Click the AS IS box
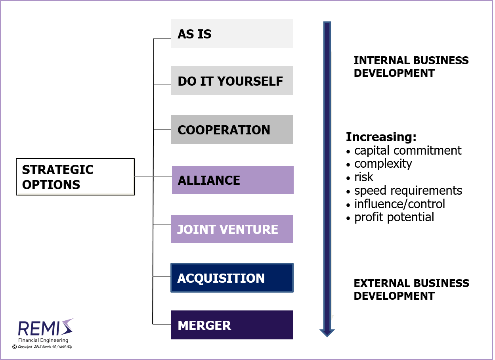coord(232,34)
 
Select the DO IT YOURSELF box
coord(232,81)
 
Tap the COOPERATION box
coord(232,130)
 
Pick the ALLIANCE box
coord(233,180)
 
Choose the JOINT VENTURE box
coord(232,229)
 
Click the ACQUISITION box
coord(232,278)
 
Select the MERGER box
coord(232,325)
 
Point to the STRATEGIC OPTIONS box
coord(75,177)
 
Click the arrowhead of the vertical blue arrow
coord(327,331)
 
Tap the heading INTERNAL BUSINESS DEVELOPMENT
coord(411,67)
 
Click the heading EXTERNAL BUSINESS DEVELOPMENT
coord(411,289)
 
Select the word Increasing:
coord(381,137)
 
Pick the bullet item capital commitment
coord(407,151)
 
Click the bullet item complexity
coord(383,164)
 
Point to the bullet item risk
coord(363,177)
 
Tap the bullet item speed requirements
coord(408,191)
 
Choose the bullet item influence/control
coord(399,204)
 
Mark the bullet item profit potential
coord(394,217)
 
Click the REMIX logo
coord(44,328)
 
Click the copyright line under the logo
coord(42,347)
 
